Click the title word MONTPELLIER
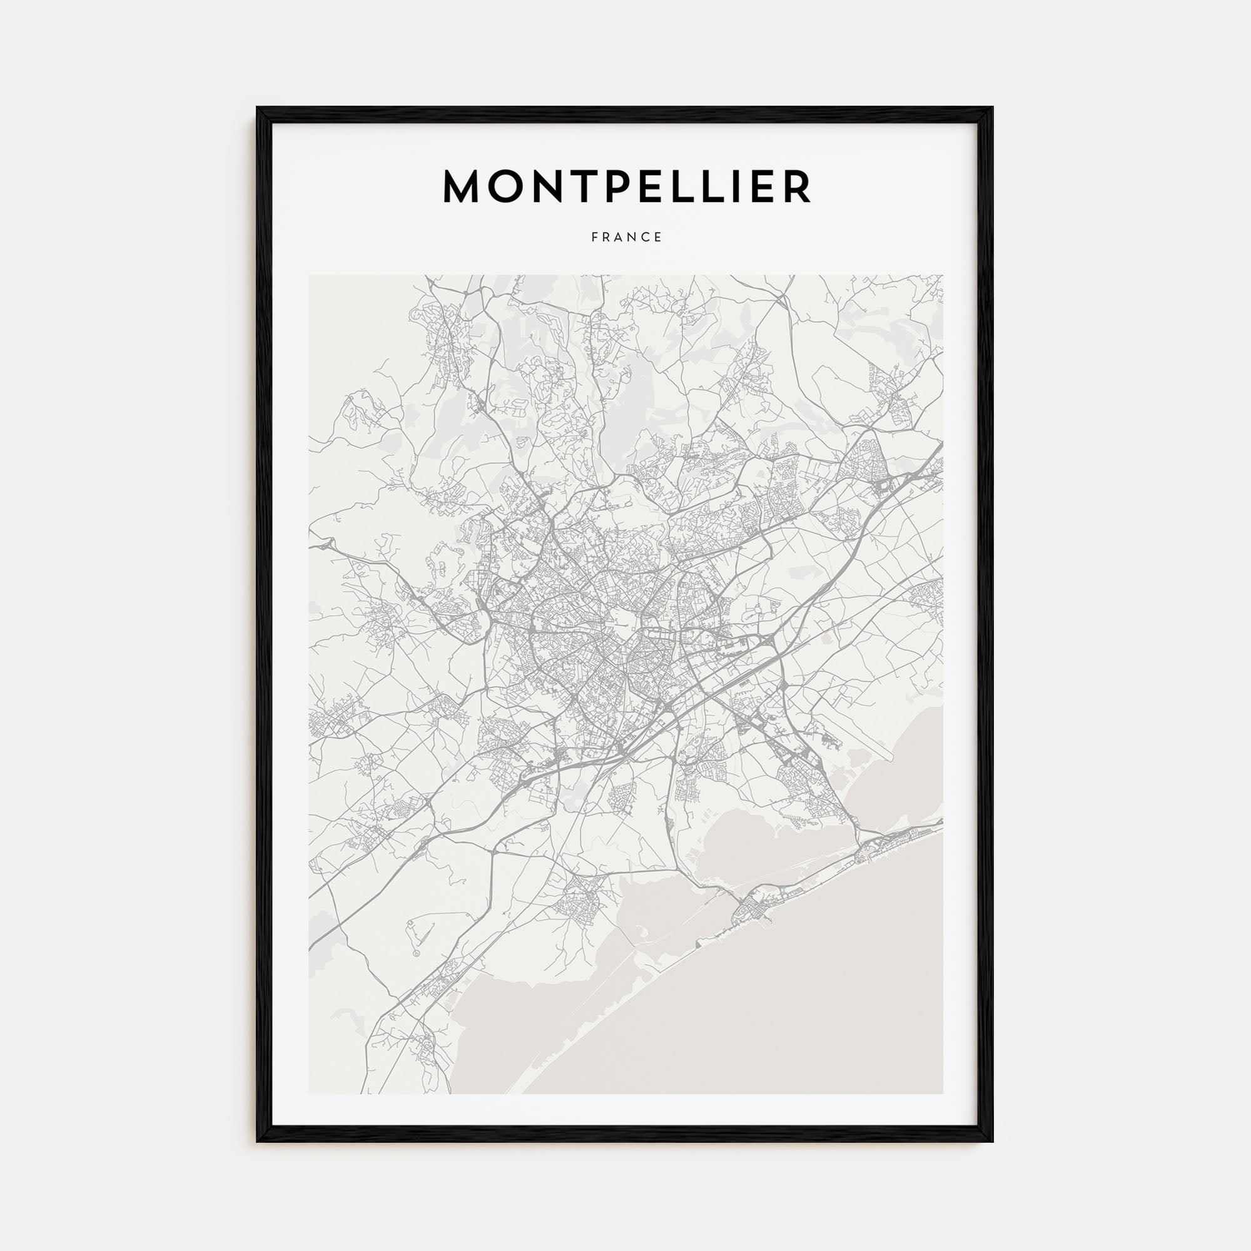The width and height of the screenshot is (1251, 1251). tap(626, 186)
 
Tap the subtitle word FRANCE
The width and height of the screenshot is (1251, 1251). tap(626, 237)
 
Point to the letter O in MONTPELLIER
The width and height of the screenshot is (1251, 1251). tap(517, 186)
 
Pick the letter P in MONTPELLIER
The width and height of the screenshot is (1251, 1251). tap(638, 186)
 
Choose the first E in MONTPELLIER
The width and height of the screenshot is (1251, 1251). tap(674, 186)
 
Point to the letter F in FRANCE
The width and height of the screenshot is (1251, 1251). tap(594, 237)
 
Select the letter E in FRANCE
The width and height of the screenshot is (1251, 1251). tap(658, 237)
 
